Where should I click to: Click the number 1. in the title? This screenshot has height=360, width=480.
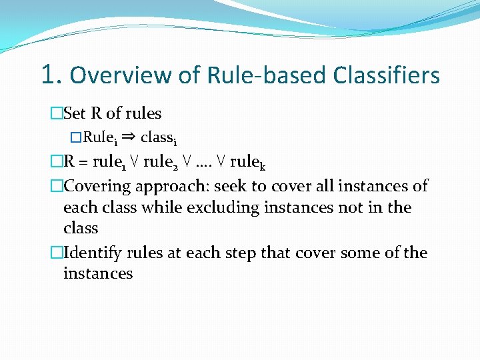[x=52, y=75]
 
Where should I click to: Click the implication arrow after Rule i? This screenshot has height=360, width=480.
[x=129, y=137]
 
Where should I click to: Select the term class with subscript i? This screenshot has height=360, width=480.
[x=158, y=137]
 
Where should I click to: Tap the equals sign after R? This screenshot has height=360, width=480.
[x=85, y=161]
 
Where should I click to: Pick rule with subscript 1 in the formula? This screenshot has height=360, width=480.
[x=110, y=161]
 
